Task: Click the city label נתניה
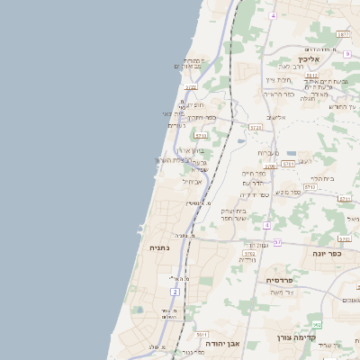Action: (x=159, y=247)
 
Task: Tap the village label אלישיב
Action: (x=276, y=117)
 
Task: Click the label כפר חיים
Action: (x=254, y=174)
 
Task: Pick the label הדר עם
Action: (x=252, y=184)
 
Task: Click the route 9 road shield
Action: (x=346, y=54)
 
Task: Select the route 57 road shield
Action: (x=277, y=243)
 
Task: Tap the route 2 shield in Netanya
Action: (x=174, y=292)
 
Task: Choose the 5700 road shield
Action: (x=270, y=166)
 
